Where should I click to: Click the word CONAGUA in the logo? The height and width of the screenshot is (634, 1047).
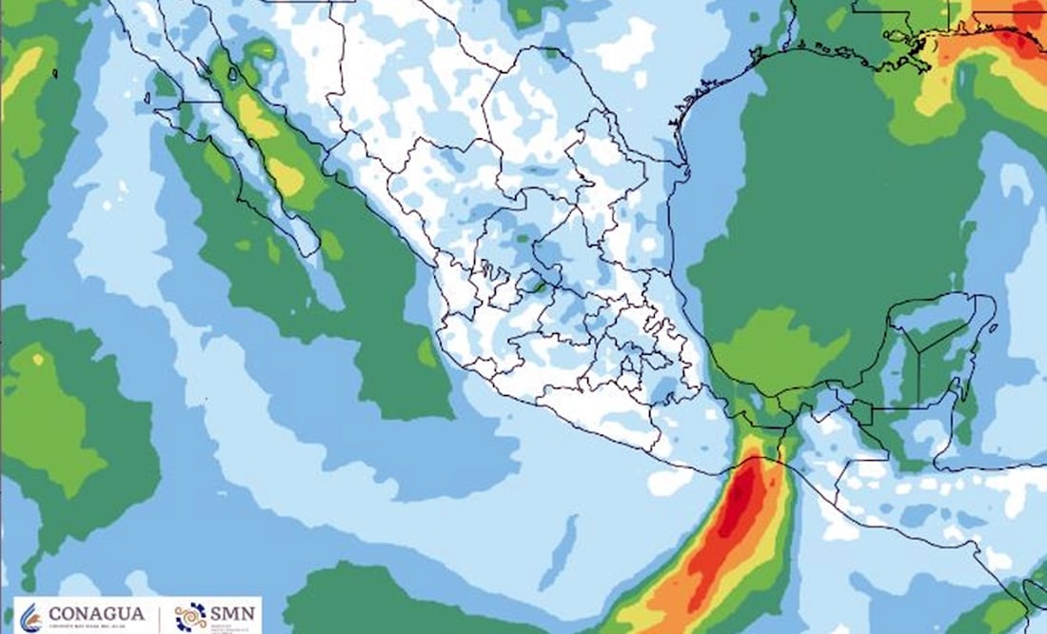[98, 614]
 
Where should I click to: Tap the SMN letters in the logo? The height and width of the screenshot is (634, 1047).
[232, 614]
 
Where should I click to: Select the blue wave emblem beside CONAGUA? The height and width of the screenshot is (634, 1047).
[31, 616]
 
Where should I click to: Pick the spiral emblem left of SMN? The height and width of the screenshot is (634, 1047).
[190, 615]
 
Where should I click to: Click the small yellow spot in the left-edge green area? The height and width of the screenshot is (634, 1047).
[38, 359]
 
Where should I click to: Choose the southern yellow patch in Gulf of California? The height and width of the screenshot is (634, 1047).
[286, 176]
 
